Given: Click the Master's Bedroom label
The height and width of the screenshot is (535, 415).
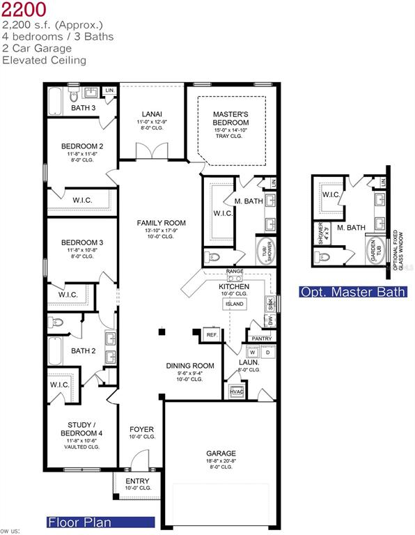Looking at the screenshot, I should click(x=230, y=118).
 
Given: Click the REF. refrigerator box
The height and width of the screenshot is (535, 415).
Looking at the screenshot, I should click(x=212, y=335).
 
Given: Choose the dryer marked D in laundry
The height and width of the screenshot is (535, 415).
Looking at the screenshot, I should click(x=267, y=352).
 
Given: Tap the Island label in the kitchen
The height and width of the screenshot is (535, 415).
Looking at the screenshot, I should click(x=235, y=304).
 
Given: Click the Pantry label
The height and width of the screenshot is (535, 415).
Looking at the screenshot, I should click(x=261, y=339).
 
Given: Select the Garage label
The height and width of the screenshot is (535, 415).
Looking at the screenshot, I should click(x=221, y=453).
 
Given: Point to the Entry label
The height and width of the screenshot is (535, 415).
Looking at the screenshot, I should click(x=137, y=481).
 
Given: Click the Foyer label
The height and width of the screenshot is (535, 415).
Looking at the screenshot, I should click(x=142, y=429).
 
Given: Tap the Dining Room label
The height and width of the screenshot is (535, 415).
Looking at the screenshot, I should click(x=189, y=366).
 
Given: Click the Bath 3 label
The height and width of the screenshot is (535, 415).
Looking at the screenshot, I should click(x=84, y=108).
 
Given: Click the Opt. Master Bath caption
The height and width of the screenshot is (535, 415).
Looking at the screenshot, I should click(x=352, y=292).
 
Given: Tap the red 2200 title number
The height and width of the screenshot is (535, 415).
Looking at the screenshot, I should click(x=24, y=10).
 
